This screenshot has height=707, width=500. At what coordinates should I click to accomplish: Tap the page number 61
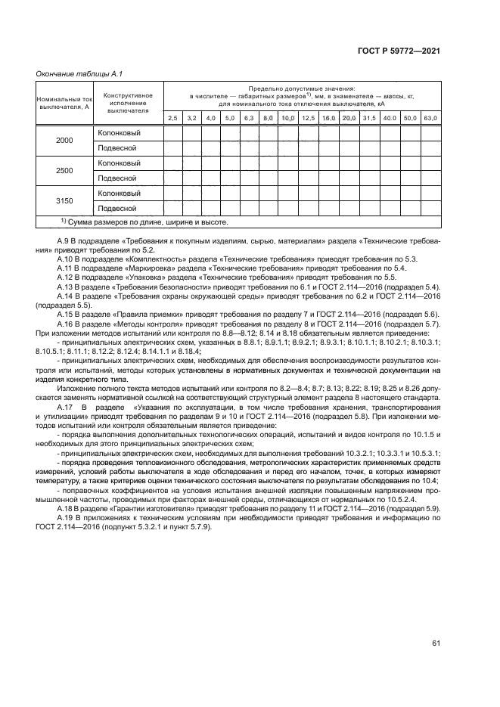[436, 643]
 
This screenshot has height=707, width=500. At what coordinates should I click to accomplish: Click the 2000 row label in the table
[64, 141]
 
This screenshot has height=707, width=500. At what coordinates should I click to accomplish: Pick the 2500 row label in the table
[64, 171]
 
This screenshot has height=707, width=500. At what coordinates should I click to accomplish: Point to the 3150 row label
[64, 200]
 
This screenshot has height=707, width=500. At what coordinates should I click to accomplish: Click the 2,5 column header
[172, 118]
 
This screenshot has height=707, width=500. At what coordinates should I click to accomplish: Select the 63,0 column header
[430, 118]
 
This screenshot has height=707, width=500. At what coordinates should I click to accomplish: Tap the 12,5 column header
[308, 118]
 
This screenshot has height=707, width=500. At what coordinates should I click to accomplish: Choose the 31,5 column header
[369, 118]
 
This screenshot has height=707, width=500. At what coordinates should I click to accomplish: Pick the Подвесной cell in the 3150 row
[117, 208]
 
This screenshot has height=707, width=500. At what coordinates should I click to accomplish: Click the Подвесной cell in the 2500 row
[117, 178]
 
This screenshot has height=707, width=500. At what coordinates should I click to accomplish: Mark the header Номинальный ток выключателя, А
[64, 103]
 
